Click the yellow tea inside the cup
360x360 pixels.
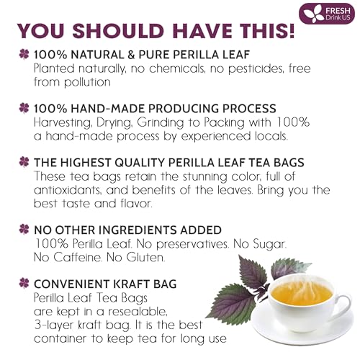302,292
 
